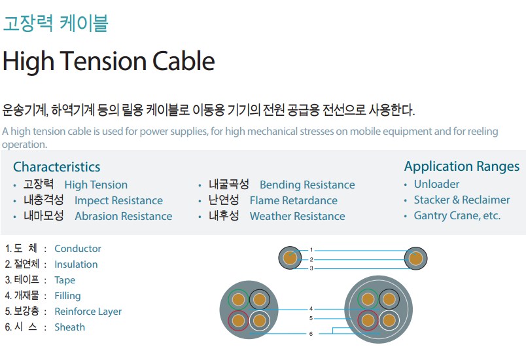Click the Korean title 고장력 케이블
tap(56, 23)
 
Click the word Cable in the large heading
tap(183, 61)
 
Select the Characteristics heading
tap(57, 167)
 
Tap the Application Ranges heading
tap(462, 167)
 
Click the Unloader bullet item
tap(436, 184)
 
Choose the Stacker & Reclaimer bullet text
tap(462, 200)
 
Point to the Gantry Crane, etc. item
tap(457, 215)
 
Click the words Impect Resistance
tap(119, 200)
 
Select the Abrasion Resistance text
tap(124, 216)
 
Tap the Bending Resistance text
tap(307, 185)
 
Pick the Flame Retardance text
tap(294, 200)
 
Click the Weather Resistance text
tap(297, 216)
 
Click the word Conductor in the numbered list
tap(78, 249)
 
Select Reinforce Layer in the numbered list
tap(88, 312)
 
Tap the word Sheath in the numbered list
tap(70, 327)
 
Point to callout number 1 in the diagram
tap(311, 250)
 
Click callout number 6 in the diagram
tap(311, 334)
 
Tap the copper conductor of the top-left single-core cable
tap(290, 259)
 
